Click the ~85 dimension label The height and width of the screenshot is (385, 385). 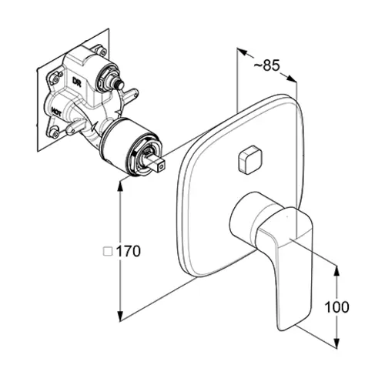point(266,65)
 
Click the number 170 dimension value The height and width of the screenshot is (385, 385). point(129,251)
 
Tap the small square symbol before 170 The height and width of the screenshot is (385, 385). point(108,251)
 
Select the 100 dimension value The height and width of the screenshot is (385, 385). point(337,306)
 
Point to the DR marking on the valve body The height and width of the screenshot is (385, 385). point(76,82)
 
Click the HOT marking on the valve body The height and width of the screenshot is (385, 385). point(56,112)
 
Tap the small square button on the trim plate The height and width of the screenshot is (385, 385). point(249,159)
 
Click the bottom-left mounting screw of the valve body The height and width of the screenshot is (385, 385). point(54,132)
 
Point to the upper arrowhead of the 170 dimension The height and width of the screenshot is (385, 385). point(120,187)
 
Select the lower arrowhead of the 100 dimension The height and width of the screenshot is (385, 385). point(337,342)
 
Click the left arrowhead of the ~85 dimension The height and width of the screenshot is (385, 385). point(242,52)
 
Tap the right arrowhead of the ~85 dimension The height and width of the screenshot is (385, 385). point(291,79)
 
